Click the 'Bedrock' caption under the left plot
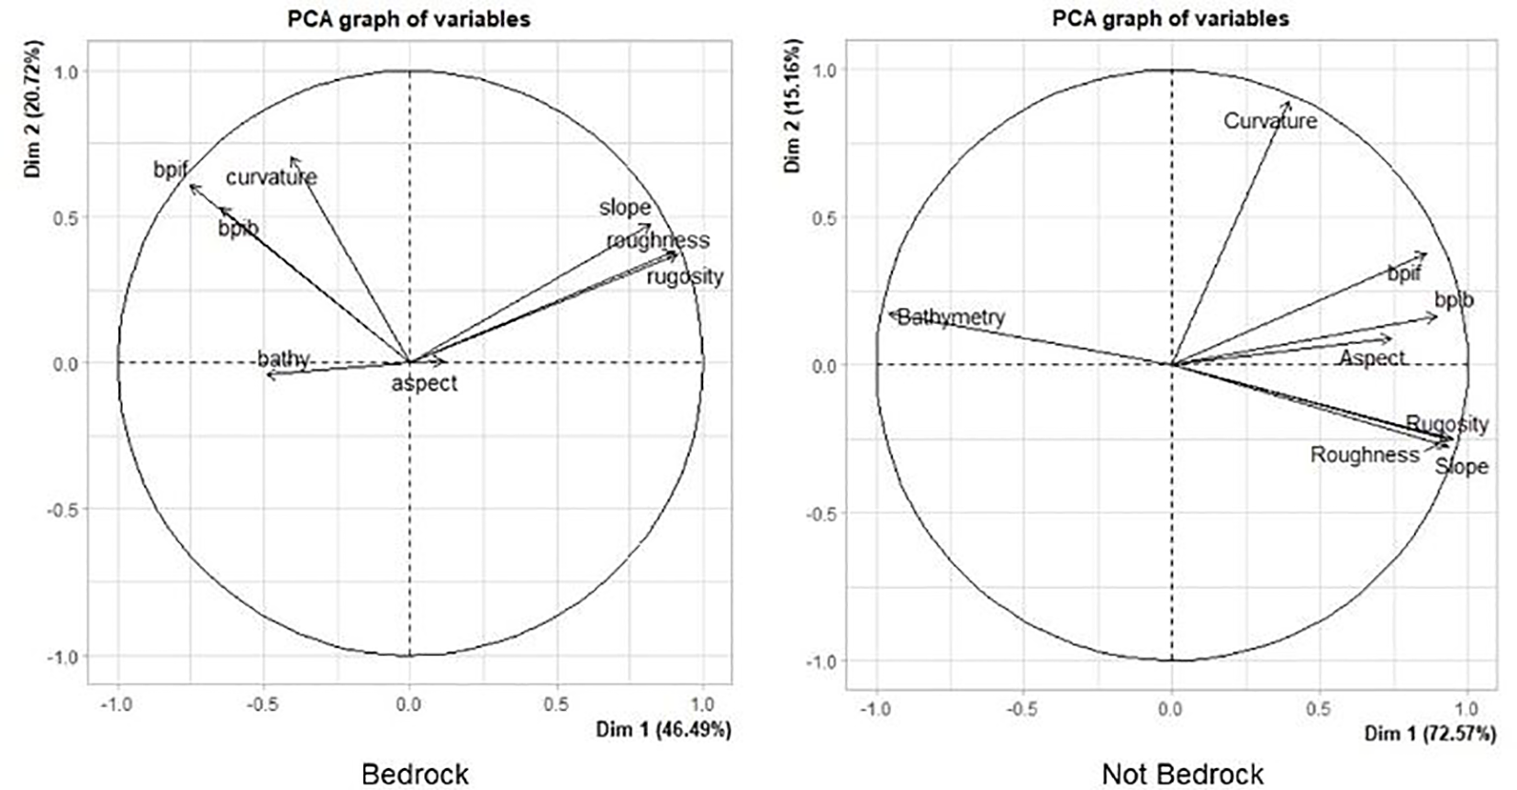click(415, 773)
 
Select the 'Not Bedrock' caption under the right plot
click(1182, 773)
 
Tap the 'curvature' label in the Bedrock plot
click(272, 177)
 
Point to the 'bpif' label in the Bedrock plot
click(171, 170)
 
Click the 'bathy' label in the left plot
click(283, 358)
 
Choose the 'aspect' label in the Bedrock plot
click(424, 383)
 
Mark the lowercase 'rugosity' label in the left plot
click(685, 276)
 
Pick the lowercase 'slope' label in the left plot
click(625, 207)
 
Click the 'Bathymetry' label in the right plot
click(951, 317)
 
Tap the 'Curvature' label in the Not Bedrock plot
click(1270, 121)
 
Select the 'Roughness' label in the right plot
click(1365, 454)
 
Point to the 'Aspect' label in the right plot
click(1372, 358)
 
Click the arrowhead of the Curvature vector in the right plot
click(1288, 103)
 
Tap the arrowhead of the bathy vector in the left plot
click(267, 373)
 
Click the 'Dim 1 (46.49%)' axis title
click(664, 730)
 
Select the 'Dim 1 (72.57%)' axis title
click(1430, 733)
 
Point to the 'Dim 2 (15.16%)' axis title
click(794, 106)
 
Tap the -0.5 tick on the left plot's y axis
click(60, 509)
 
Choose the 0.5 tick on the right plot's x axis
click(1318, 709)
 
